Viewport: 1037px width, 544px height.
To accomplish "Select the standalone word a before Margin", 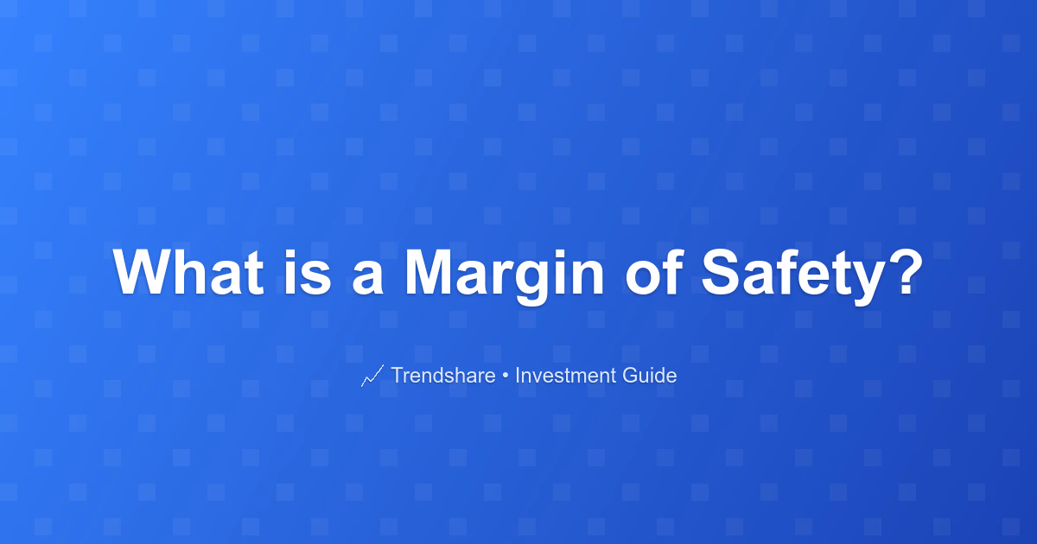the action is pos(367,277).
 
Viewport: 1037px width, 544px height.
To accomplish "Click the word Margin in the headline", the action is pos(504,276).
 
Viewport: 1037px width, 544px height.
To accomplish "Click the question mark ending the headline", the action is pos(907,271).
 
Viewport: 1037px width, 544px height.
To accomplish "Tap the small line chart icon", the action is pos(372,376).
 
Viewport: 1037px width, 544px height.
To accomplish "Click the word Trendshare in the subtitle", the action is pos(443,375).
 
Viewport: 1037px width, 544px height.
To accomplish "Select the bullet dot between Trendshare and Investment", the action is pos(505,376).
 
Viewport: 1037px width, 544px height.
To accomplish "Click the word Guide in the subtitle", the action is pos(650,375).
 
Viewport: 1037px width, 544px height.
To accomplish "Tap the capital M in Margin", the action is pos(428,271).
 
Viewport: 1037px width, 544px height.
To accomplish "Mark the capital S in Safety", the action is pos(722,271).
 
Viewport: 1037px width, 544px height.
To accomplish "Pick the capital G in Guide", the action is pos(630,375).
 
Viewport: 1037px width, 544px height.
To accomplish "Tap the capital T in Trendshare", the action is pos(398,375).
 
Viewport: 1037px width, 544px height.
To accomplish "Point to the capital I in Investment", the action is pos(517,375).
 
